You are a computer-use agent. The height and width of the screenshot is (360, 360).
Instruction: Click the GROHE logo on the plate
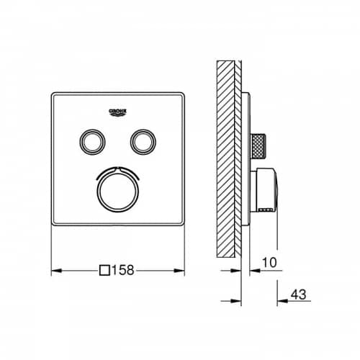[117, 112]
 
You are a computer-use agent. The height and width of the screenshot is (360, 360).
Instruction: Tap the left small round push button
[92, 142]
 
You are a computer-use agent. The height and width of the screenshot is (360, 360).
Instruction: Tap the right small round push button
[143, 142]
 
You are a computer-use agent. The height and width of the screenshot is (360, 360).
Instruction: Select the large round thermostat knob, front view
[118, 192]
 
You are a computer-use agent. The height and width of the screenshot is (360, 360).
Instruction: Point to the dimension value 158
[122, 270]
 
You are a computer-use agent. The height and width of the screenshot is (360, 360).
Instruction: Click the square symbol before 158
[104, 271]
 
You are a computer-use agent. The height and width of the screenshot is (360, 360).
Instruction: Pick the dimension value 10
[269, 263]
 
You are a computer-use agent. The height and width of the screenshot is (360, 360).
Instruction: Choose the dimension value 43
[298, 294]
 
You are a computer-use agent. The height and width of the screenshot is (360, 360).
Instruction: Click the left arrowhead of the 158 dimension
[57, 271]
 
